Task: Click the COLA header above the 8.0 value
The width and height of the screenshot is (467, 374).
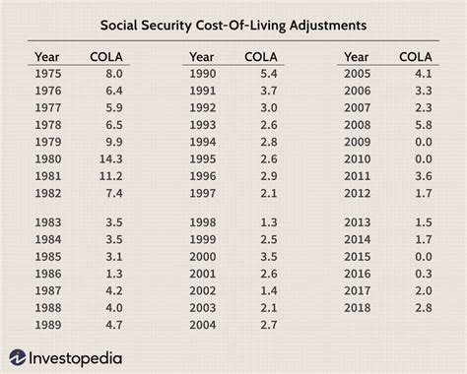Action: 106,55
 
